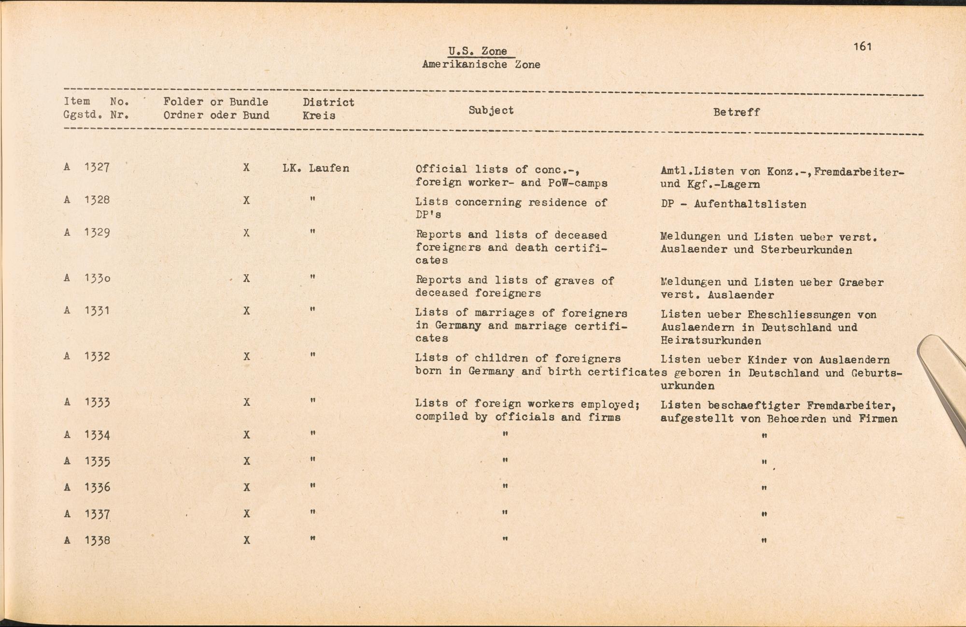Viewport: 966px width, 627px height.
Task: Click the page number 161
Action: (862, 46)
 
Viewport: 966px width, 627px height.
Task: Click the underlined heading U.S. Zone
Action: (477, 51)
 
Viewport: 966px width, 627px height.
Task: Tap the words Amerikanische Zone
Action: (481, 64)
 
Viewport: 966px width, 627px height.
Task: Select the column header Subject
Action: (491, 110)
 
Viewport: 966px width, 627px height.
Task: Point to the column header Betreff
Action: (736, 112)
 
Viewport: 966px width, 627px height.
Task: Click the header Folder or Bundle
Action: (215, 102)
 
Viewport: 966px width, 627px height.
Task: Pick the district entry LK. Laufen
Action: (315, 168)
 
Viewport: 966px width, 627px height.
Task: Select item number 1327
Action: (97, 167)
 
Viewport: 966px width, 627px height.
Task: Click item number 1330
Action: (97, 278)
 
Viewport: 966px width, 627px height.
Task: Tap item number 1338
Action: (97, 540)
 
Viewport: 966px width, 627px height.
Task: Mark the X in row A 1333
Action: (246, 402)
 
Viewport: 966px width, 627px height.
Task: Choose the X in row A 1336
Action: (246, 487)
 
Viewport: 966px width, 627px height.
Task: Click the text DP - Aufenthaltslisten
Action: (733, 204)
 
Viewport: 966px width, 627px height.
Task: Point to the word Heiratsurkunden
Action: (710, 341)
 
